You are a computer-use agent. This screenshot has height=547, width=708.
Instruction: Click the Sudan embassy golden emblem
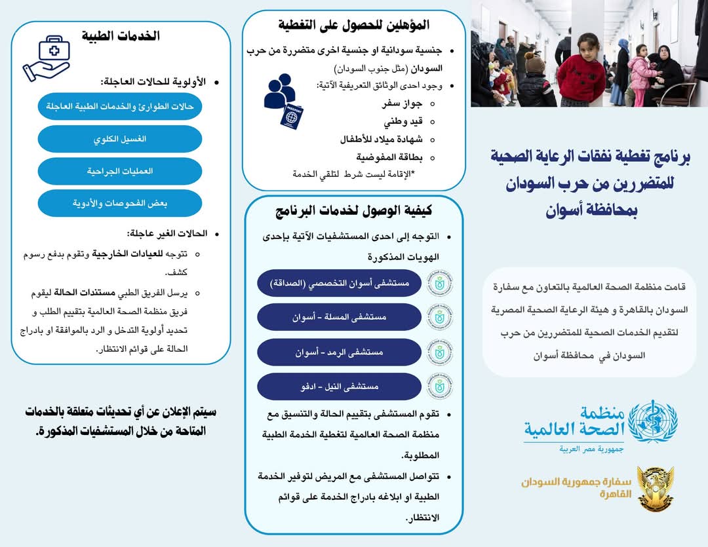pyautogui.click(x=655, y=488)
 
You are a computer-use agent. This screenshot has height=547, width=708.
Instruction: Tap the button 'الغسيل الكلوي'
pyautogui.click(x=120, y=139)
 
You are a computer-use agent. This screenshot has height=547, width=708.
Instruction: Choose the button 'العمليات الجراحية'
pyautogui.click(x=120, y=171)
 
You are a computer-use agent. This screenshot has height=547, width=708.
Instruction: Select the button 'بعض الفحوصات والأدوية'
pyautogui.click(x=120, y=203)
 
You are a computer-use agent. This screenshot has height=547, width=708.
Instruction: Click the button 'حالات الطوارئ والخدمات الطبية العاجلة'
pyautogui.click(x=120, y=107)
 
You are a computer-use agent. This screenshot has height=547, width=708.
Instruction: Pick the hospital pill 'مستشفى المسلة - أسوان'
pyautogui.click(x=339, y=317)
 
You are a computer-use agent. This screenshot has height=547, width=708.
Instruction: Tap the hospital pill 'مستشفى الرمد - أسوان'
pyautogui.click(x=339, y=352)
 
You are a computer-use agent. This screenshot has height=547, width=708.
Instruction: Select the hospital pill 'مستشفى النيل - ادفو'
pyautogui.click(x=339, y=387)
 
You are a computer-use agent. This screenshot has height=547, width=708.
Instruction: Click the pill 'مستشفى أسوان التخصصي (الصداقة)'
pyautogui.click(x=339, y=283)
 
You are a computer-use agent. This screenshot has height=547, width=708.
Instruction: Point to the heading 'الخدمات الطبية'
pyautogui.click(x=121, y=35)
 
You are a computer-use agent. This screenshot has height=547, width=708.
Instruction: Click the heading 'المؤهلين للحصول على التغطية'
pyautogui.click(x=354, y=26)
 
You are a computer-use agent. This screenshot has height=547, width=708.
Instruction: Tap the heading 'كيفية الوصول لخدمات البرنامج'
pyautogui.click(x=354, y=212)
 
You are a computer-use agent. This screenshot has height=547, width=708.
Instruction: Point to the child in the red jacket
pyautogui.click(x=581, y=73)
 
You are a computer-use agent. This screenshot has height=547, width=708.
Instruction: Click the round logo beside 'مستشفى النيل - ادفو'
pyautogui.click(x=440, y=387)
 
